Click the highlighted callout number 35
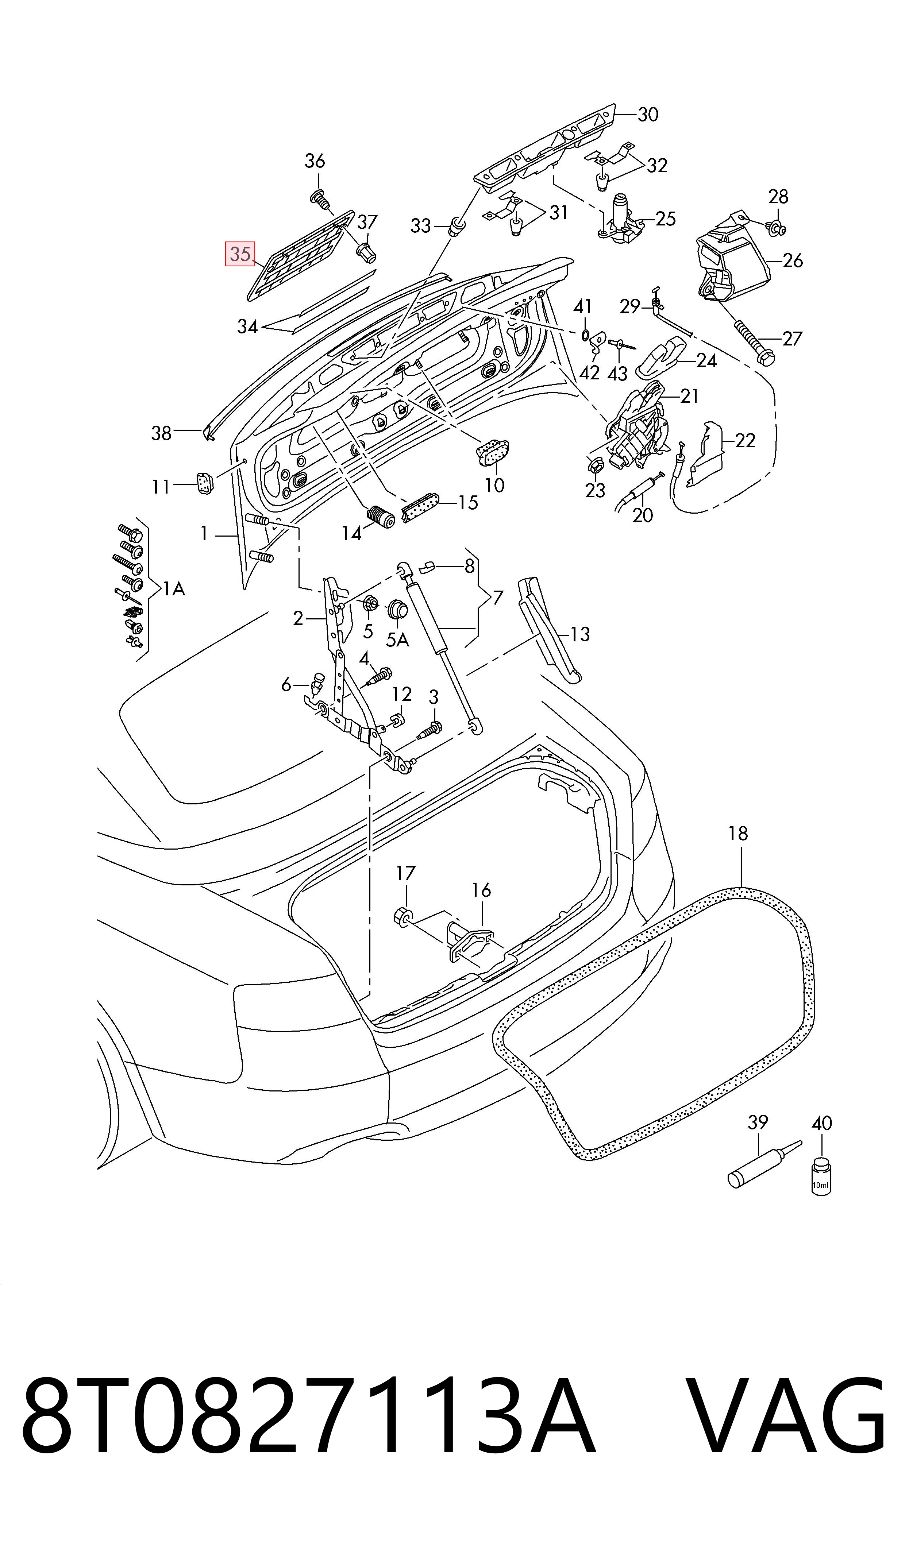[x=240, y=254]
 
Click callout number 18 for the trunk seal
[x=738, y=833]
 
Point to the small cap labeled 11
[x=204, y=483]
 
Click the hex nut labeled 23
[x=594, y=467]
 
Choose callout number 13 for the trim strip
[x=579, y=634]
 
